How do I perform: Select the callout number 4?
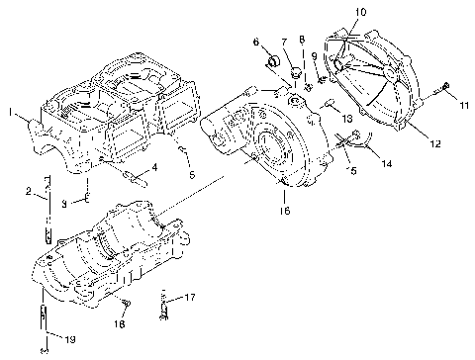coord(152,166)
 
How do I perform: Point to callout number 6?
coord(255,43)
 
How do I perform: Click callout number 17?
coord(190,296)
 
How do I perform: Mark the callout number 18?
coord(119,323)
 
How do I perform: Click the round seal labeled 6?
coord(268,66)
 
